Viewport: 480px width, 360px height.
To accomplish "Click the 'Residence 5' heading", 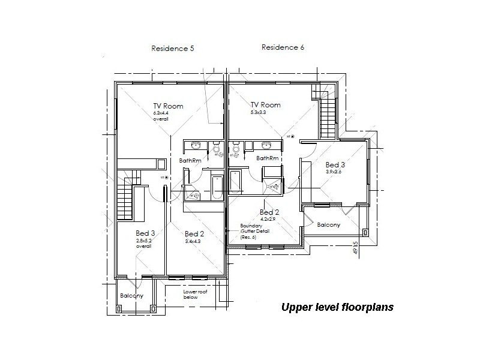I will pos(172,48).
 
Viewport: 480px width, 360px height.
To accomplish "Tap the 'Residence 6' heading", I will pos(283,47).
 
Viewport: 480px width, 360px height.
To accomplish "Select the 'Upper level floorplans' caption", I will pos(338,307).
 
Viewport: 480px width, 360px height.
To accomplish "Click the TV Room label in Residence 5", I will pos(168,106).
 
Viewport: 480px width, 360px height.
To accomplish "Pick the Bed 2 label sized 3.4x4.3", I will pos(195,233).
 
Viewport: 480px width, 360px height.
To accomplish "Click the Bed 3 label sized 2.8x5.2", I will pos(145,233).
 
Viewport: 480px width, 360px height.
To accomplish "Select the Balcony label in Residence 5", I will pos(131,296).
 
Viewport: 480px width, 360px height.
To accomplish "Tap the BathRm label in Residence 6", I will pos(267,158).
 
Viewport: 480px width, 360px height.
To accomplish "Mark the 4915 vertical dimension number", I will pos(356,247).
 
